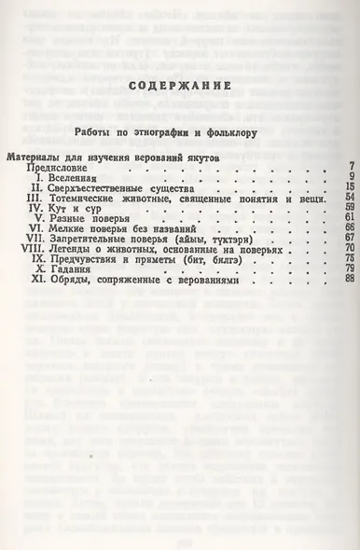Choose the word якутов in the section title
pyautogui.click(x=200, y=158)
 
